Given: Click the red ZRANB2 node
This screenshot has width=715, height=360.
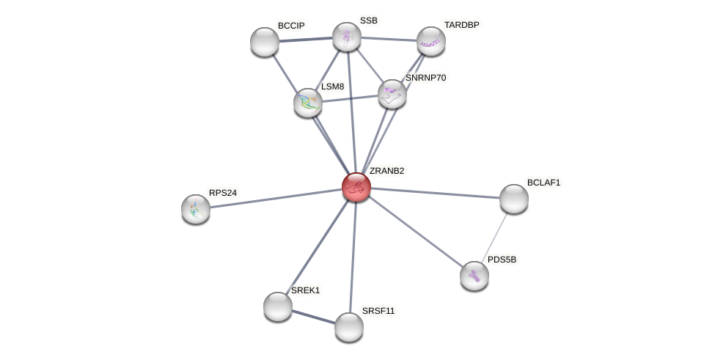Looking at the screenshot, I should click(356, 187).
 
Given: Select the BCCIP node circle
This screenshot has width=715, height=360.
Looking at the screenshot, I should click(265, 42).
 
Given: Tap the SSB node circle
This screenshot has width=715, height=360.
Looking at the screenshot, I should click(347, 37).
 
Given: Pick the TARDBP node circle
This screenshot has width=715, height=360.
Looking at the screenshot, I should click(431, 41).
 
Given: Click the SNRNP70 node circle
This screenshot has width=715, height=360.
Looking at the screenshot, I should click(392, 94).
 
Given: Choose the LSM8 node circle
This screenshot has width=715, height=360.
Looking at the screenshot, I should click(308, 103).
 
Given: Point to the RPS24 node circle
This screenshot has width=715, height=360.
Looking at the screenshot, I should click(196, 209).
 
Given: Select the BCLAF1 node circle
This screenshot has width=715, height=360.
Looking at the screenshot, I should click(514, 199).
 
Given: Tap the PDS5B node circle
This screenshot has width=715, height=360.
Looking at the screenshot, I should click(474, 276).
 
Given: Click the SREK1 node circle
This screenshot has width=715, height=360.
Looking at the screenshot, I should click(278, 306).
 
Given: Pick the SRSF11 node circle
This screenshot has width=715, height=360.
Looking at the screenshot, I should click(349, 327).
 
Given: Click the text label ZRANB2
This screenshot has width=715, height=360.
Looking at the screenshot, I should click(386, 171).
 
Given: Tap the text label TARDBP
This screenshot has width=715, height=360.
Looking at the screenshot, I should click(461, 25).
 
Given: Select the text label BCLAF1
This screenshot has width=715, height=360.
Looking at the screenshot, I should click(543, 183).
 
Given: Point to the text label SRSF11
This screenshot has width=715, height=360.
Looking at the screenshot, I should click(378, 311).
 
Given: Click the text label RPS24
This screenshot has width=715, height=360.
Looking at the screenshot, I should click(223, 193).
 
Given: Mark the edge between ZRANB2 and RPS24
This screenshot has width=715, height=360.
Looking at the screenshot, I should click(276, 198).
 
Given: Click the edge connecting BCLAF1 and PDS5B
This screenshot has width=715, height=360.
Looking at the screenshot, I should click(495, 236).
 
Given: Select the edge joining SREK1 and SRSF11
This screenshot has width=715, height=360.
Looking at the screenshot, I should click(313, 317).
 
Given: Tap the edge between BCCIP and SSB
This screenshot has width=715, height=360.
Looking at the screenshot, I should click(306, 39).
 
